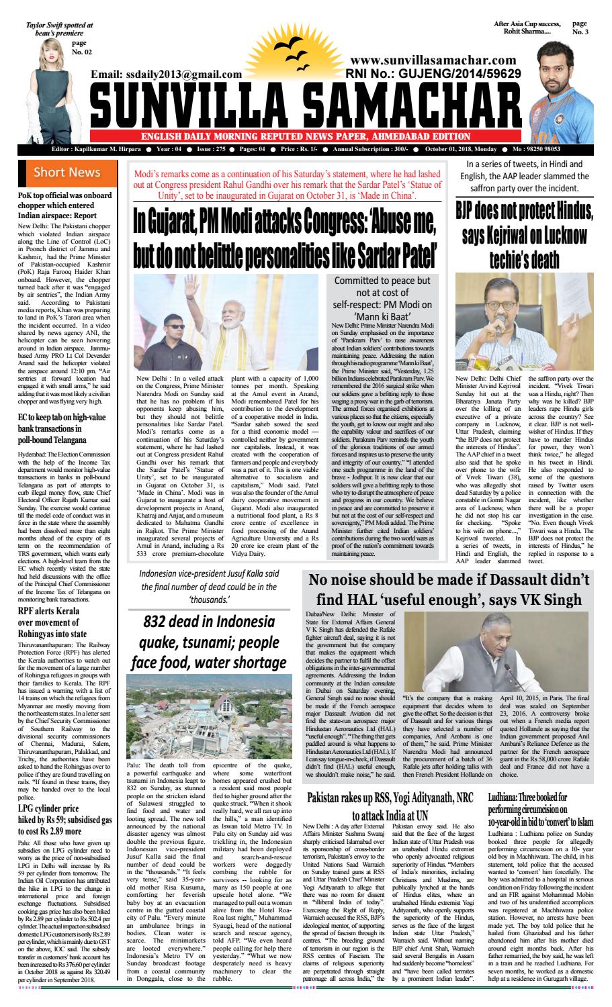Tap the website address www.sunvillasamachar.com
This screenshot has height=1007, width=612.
click(433, 61)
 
